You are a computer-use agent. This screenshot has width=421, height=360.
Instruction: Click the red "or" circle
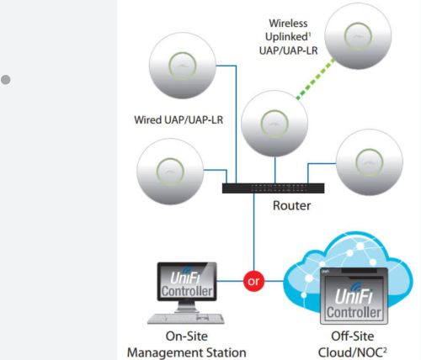[251, 279]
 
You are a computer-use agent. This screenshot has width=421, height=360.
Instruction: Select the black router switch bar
[272, 187]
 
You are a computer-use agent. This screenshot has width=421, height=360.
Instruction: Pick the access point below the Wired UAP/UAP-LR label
[169, 172]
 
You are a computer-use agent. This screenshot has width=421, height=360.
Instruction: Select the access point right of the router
[369, 166]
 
